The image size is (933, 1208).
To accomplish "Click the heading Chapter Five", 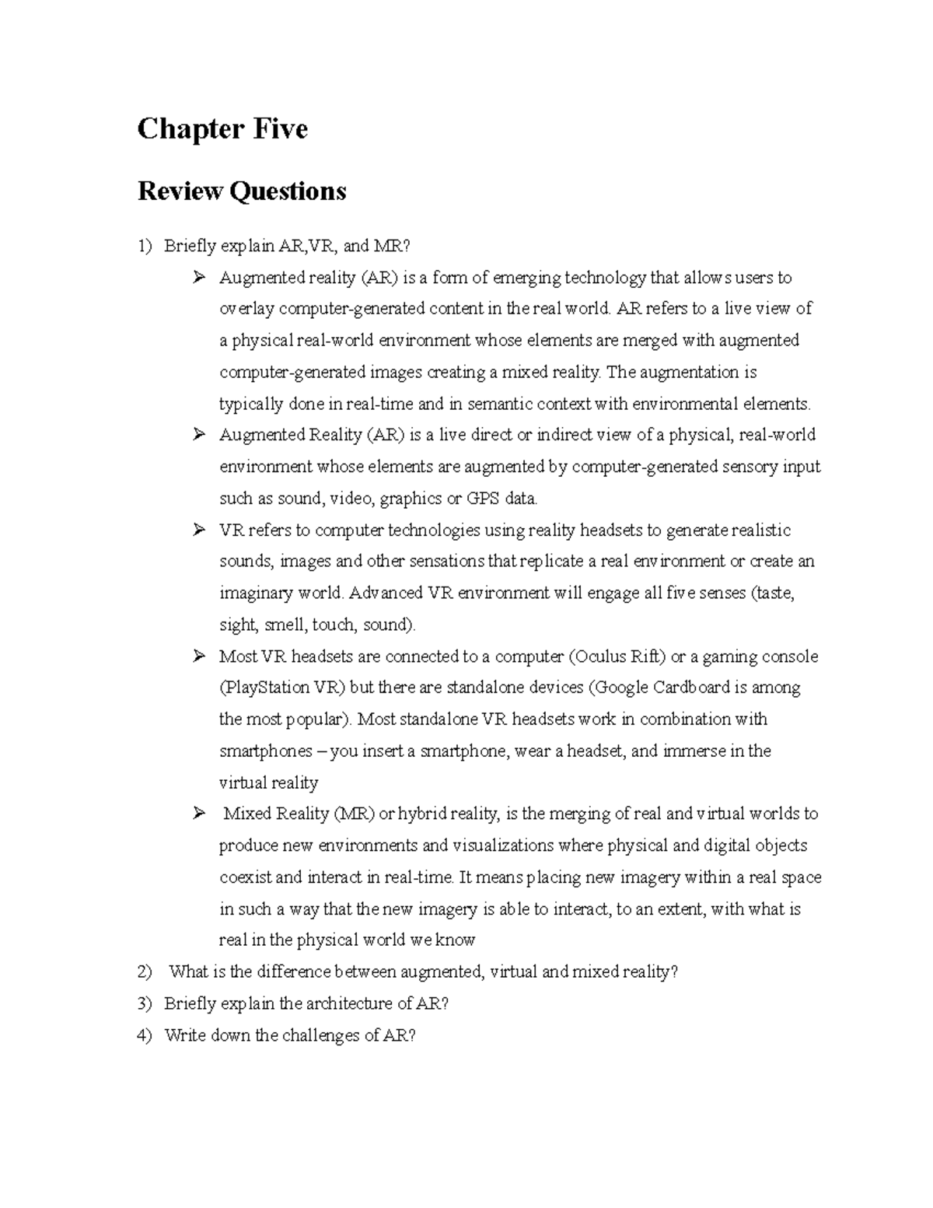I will [222, 129].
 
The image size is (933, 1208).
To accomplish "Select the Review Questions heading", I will [242, 191].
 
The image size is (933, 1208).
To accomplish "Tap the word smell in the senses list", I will [285, 625].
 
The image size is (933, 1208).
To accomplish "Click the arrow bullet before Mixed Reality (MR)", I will [199, 814].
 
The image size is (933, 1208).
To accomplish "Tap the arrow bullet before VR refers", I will [199, 530].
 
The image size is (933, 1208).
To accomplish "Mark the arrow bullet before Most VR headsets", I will [199, 656].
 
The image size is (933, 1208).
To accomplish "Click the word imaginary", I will [253, 593].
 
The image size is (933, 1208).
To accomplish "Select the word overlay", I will [246, 309].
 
